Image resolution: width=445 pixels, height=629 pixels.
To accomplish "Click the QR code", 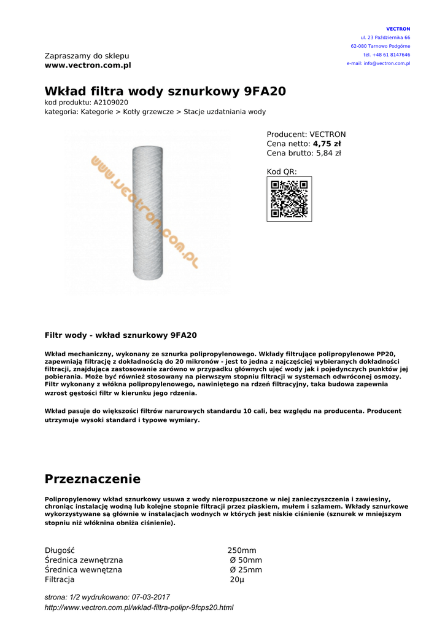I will tap(289, 199).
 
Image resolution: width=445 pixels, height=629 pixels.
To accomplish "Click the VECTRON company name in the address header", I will tap(398, 29).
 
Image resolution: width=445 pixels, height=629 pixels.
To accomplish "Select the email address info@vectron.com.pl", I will tap(387, 63).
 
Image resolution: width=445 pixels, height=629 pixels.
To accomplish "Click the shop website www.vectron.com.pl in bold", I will tap(88, 65).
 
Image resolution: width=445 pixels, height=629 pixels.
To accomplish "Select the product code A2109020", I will tap(110, 103).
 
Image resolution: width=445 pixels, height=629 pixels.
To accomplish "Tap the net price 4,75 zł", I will tap(327, 144).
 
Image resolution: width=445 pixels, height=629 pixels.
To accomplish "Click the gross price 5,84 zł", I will tap(328, 154).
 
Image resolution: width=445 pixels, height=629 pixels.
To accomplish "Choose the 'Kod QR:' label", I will tap(282, 172).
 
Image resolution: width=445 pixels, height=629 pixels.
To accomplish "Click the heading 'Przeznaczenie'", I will tap(93, 479).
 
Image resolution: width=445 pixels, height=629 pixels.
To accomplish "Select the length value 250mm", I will tap(242, 550).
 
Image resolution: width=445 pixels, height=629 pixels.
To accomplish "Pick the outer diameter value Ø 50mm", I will tap(246, 560).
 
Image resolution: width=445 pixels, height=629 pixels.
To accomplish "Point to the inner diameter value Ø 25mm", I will tap(246, 570).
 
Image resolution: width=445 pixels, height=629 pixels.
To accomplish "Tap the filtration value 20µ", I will tap(237, 580).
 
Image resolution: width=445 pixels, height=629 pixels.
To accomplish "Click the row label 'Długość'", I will tap(60, 550).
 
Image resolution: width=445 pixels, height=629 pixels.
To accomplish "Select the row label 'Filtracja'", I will tap(60, 580).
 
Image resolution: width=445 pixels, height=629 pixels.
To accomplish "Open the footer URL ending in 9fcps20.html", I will tap(139, 608).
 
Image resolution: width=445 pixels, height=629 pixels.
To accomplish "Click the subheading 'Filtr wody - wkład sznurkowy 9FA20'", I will tap(121, 335).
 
